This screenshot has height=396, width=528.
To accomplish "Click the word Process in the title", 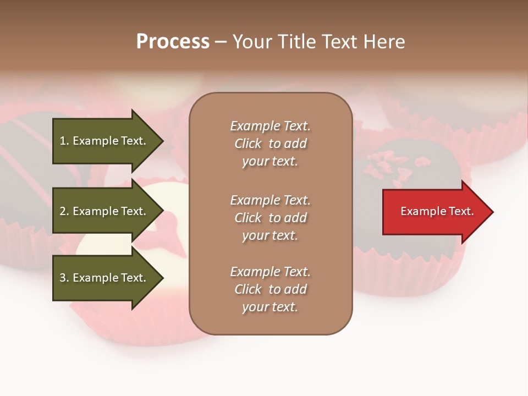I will tap(173, 42).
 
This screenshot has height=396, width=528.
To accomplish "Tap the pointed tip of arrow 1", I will tap(162, 141).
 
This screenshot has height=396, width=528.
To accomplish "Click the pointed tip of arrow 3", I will tap(162, 278).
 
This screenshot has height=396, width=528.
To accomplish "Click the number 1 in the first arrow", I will tap(63, 141).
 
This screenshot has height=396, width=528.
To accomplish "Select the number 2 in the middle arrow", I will tap(63, 211).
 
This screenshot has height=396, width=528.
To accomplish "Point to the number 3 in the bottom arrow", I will tap(63, 278).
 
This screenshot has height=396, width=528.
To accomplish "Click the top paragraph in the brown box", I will tap(271, 144).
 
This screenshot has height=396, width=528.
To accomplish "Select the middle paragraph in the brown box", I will tap(271, 218).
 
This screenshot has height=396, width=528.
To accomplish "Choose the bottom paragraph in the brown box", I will tap(271, 289).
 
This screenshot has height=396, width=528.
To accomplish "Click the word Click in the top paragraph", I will tap(248, 144).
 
